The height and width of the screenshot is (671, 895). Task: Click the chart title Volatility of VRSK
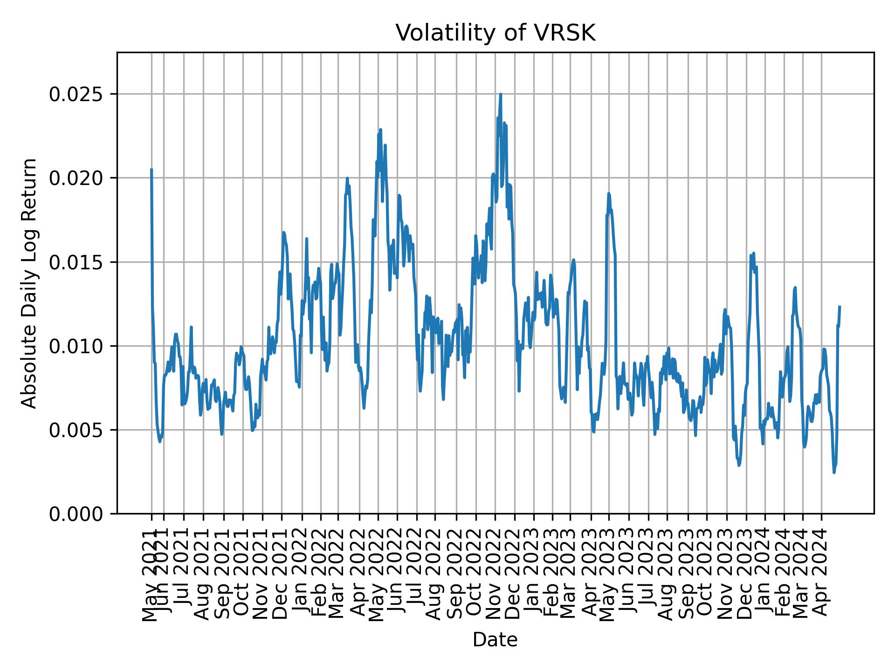[495, 33]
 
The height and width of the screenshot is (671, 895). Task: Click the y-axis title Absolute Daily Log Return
[29, 283]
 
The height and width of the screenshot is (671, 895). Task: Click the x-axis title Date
[495, 640]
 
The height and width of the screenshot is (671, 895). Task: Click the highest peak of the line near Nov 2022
[501, 94]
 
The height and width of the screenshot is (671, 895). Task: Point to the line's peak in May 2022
[380, 130]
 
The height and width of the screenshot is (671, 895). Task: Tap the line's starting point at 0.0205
[151, 170]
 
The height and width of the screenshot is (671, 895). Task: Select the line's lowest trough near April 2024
[834, 472]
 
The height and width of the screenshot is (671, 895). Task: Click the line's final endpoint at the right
[840, 307]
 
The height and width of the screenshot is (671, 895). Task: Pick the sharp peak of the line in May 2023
[608, 193]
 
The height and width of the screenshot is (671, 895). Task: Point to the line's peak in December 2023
[753, 253]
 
